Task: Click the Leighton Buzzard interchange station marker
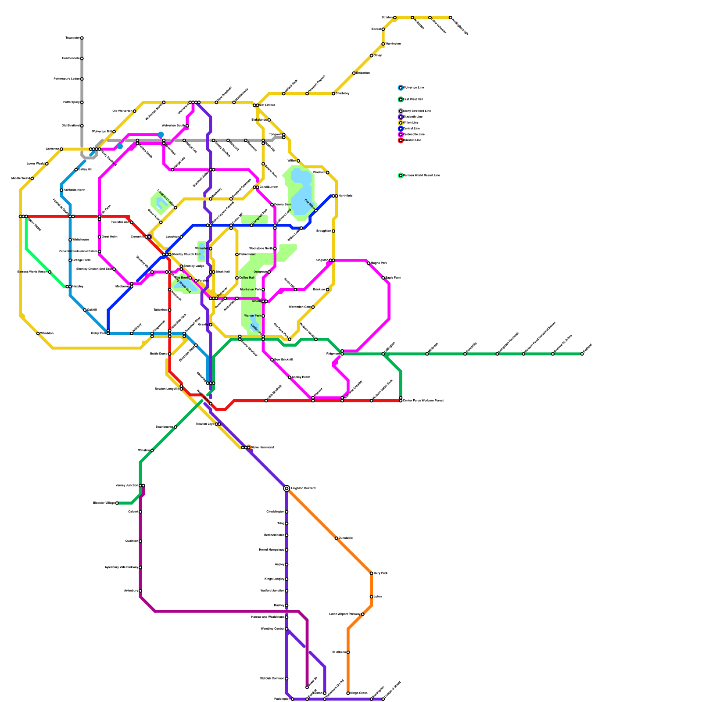click(287, 488)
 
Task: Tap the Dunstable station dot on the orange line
click(337, 538)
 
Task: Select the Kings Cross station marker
click(348, 693)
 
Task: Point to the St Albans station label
click(339, 652)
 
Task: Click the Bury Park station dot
click(372, 573)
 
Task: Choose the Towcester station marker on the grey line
click(82, 38)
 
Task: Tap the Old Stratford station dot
click(82, 126)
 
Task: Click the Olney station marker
click(372, 56)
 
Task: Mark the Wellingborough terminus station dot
click(451, 18)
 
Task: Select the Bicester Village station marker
click(117, 503)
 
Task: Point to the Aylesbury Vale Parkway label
click(121, 568)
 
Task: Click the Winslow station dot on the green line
click(152, 451)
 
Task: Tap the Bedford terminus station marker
click(582, 354)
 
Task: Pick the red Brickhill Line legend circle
click(401, 140)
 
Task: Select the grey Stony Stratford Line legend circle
click(401, 111)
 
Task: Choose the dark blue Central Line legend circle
click(401, 129)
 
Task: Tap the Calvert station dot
click(140, 512)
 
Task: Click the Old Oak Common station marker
click(287, 679)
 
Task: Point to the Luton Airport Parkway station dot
click(363, 614)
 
